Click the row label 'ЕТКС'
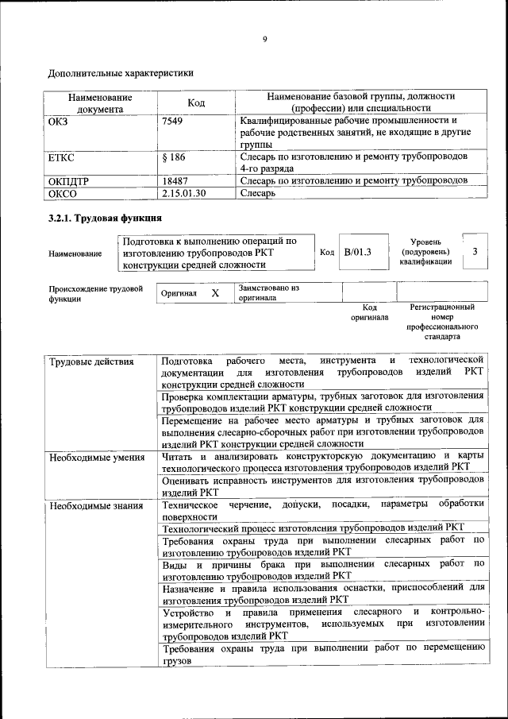pos(62,157)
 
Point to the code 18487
pos(175,181)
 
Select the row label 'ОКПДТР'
pos(69,181)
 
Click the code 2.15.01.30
pos(183,193)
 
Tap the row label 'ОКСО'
pos(63,193)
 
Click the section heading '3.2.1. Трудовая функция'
pos(106,218)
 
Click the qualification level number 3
pos(475,252)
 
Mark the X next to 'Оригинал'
pos(215,293)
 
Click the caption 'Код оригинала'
pos(369,311)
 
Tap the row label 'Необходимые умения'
pos(96,457)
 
